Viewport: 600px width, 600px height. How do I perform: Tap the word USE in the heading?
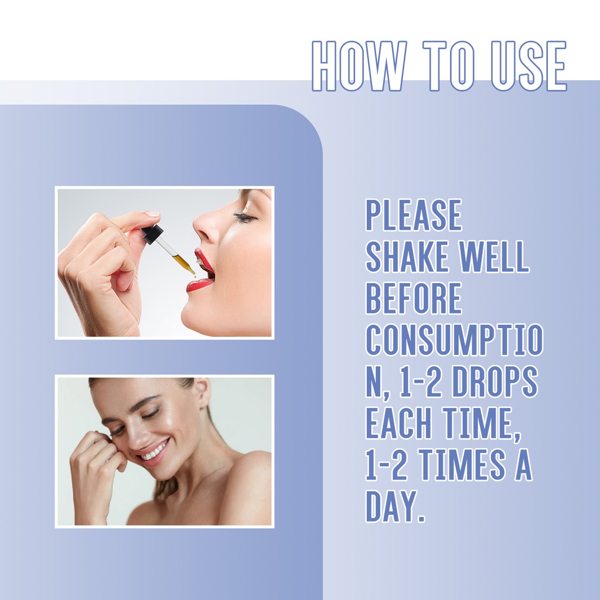pyautogui.click(x=529, y=66)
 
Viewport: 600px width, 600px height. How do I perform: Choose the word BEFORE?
pyautogui.click(x=414, y=298)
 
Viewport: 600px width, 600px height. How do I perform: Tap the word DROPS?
pyautogui.click(x=495, y=381)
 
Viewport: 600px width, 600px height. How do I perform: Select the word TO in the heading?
pyautogui.click(x=448, y=66)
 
